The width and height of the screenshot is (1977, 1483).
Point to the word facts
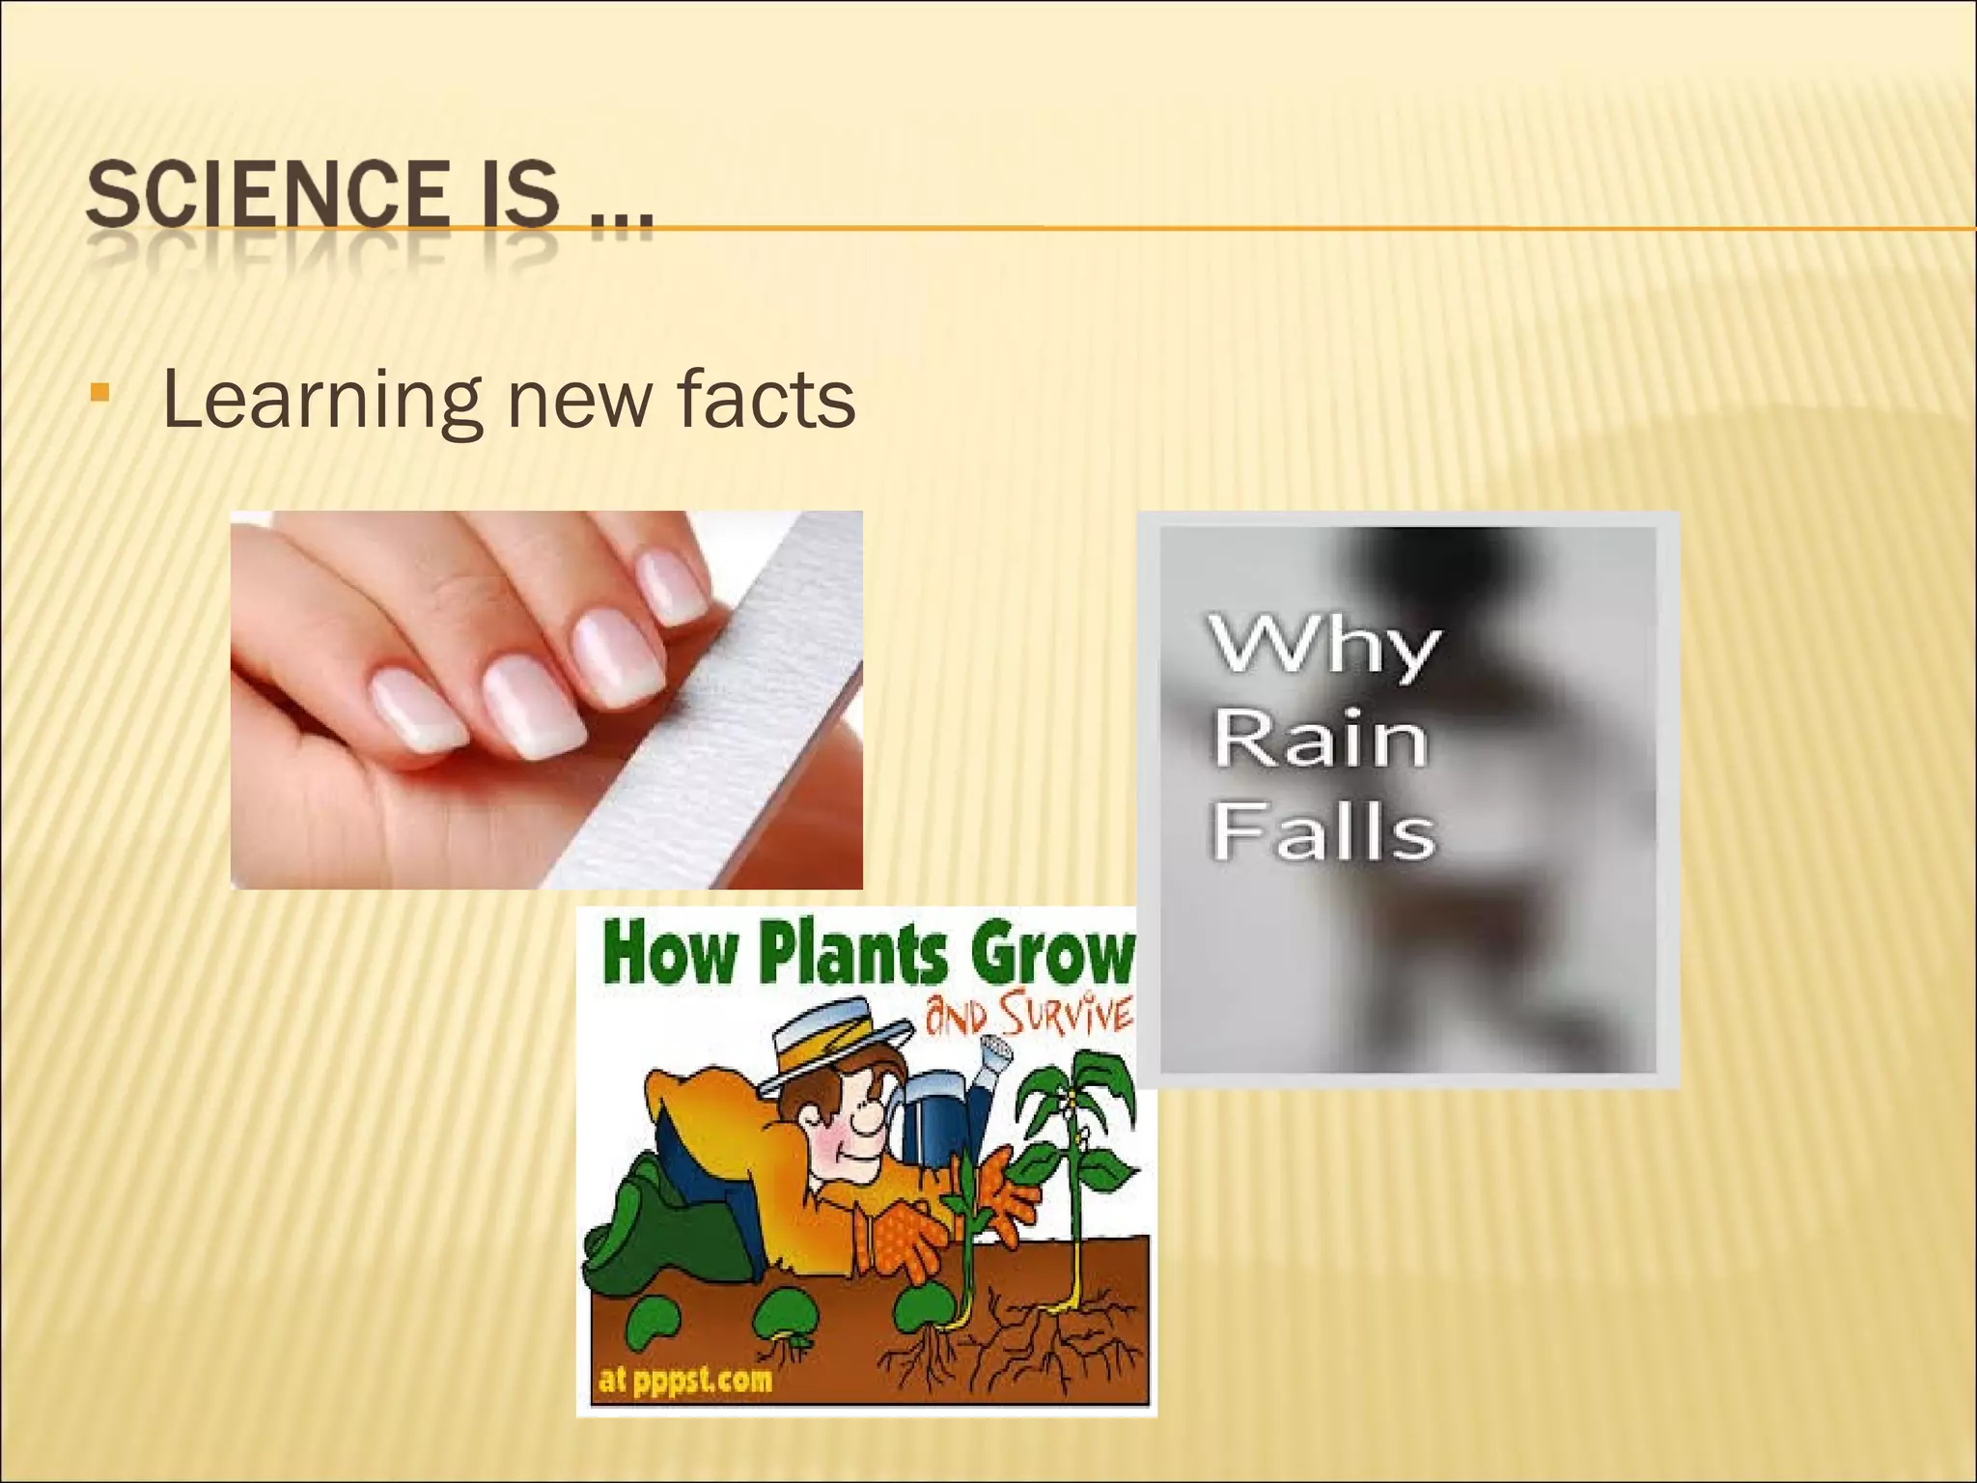(766, 399)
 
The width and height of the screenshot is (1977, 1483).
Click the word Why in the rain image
(1323, 645)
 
